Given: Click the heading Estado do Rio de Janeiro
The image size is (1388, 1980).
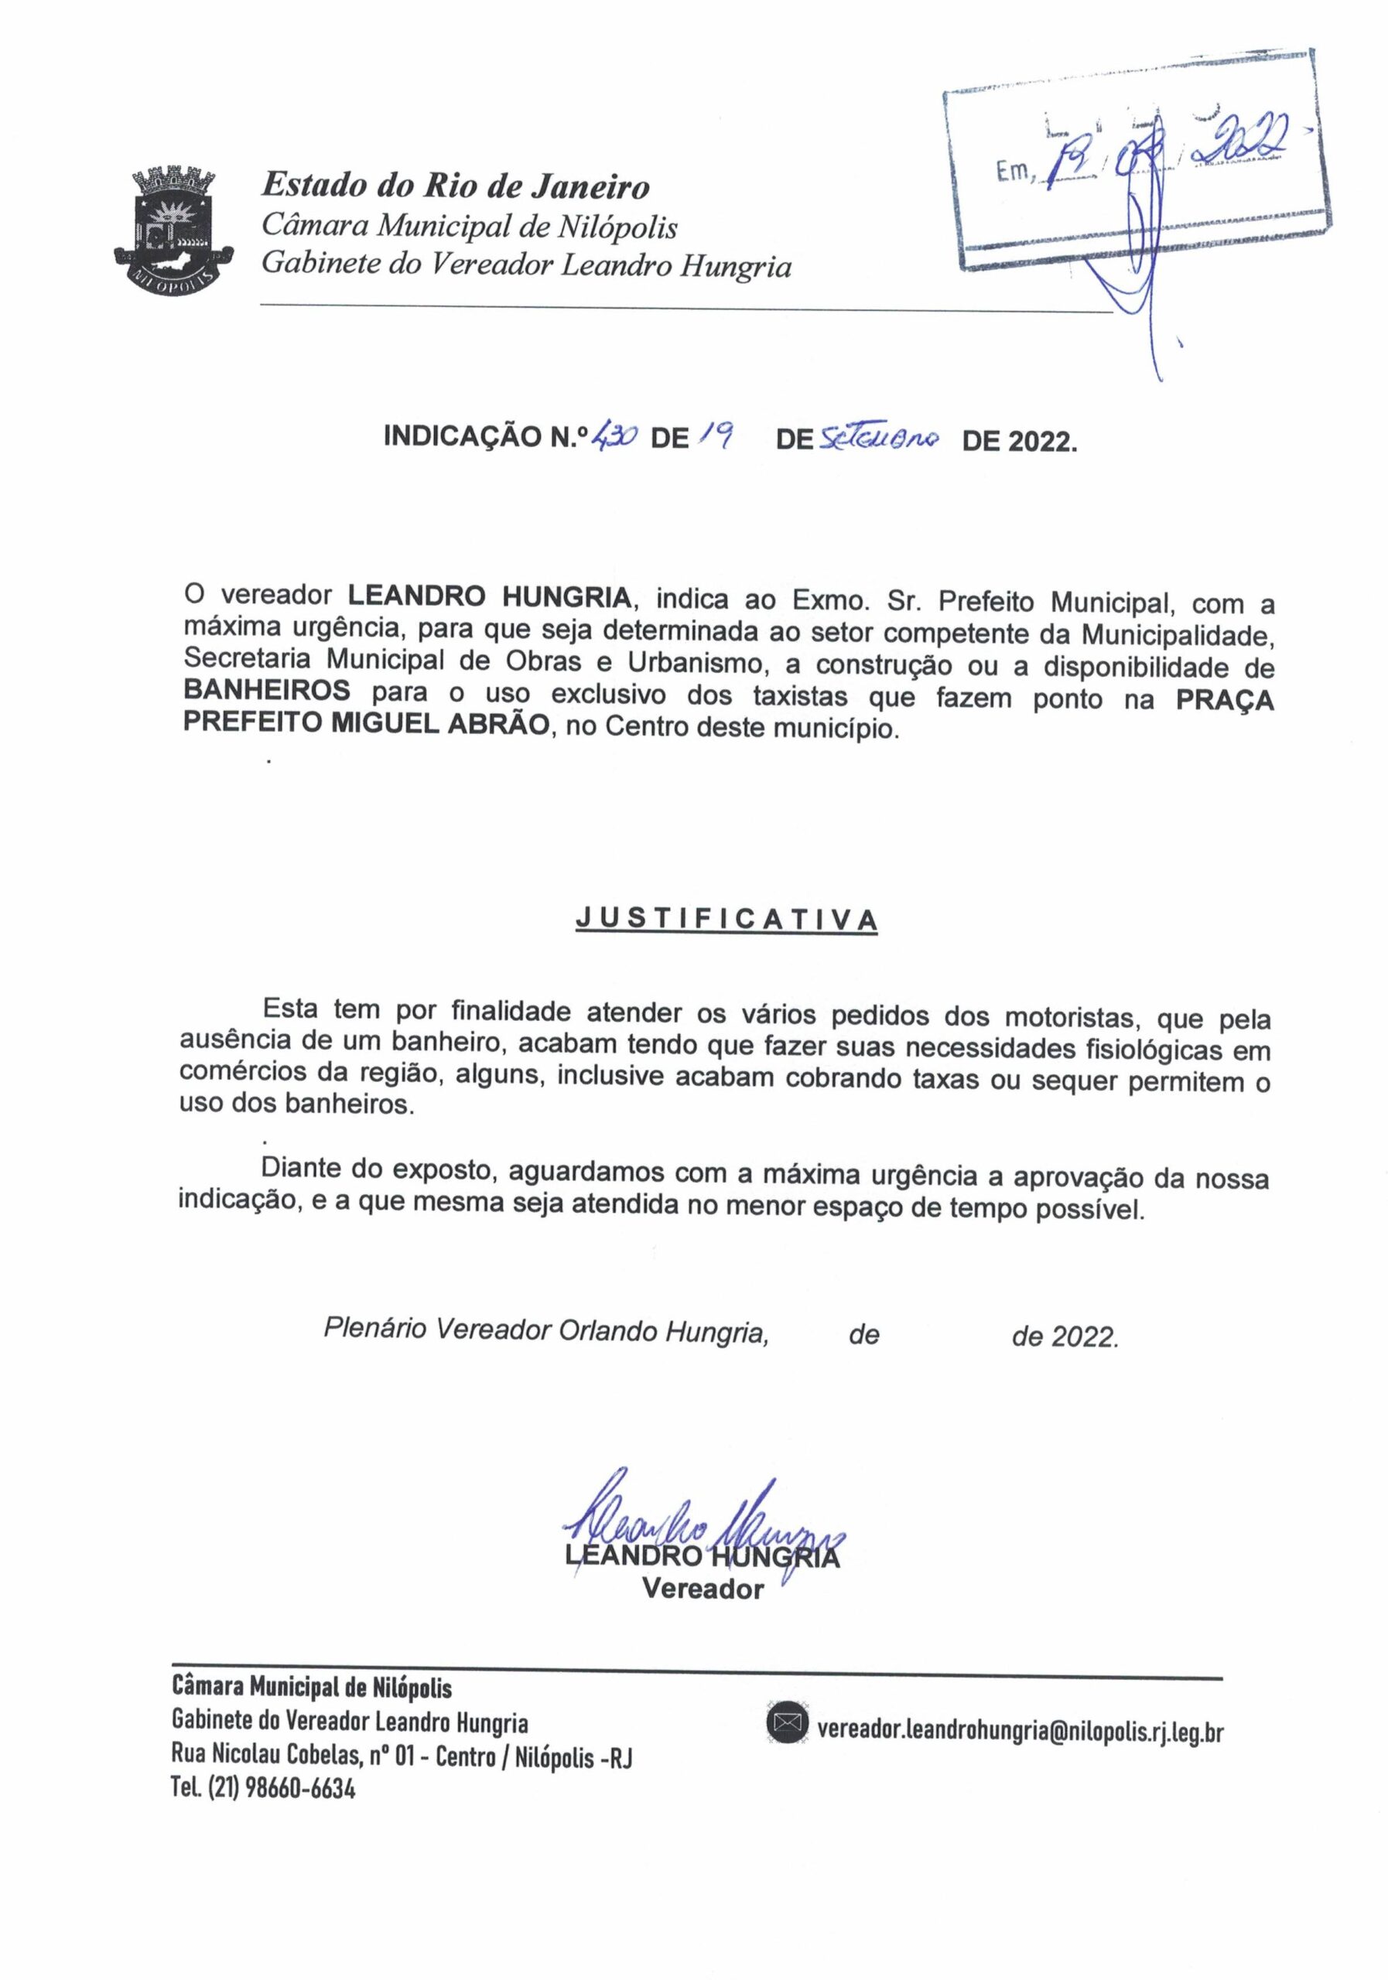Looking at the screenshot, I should (455, 186).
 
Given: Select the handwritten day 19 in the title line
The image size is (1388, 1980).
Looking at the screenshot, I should (718, 437).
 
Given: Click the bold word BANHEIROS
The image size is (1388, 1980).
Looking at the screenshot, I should (267, 691).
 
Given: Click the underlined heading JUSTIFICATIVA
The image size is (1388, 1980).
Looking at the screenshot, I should (726, 920).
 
